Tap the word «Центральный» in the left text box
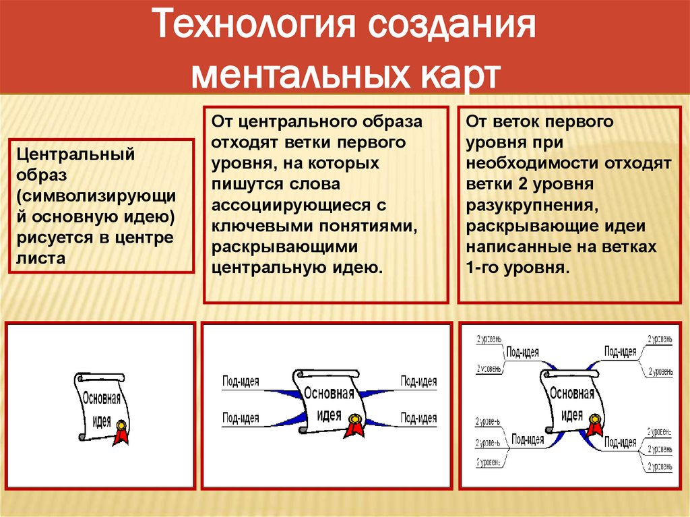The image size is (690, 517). click(76, 154)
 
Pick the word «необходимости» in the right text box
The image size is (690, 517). click(532, 163)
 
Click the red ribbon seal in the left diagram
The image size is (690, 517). click(121, 431)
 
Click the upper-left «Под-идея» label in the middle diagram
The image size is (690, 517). click(241, 382)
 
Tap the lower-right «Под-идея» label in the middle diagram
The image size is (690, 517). click(419, 418)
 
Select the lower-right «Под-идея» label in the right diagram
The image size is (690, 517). click(620, 442)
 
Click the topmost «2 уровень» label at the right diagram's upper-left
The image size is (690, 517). click(488, 339)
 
